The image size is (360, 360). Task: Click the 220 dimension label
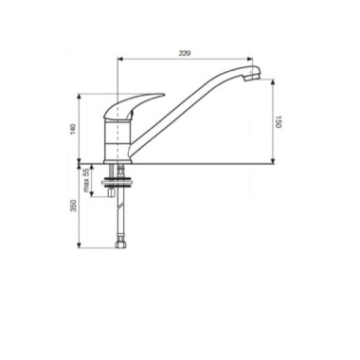pos(185,53)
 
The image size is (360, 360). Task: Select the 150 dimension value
pos(278,122)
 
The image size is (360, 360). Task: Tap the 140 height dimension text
pos(73,129)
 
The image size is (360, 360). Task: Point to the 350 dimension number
pos(73,206)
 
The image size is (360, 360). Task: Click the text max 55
pos(86,180)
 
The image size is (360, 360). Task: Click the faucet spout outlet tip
pos(252,78)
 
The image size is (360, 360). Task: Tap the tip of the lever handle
pos(163,94)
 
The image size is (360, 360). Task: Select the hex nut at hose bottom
pos(120,244)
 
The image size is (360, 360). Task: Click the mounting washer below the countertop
pos(116,183)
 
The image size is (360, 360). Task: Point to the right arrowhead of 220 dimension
pos(251,59)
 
